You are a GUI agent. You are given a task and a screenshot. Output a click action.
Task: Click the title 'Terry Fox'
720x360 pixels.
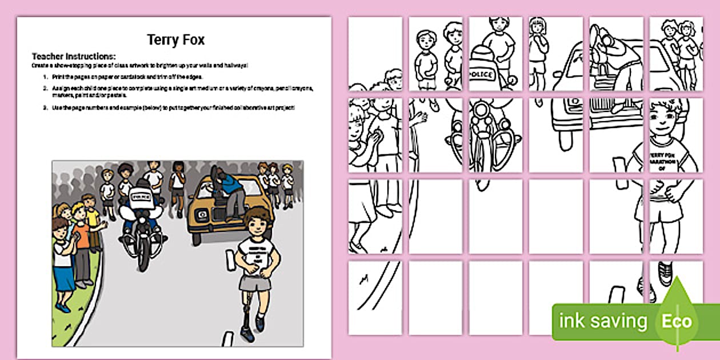(x=175, y=40)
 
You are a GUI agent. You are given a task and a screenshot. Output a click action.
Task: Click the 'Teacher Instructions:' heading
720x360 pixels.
(x=74, y=56)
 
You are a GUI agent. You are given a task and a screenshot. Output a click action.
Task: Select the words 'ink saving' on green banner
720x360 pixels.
(x=603, y=321)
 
